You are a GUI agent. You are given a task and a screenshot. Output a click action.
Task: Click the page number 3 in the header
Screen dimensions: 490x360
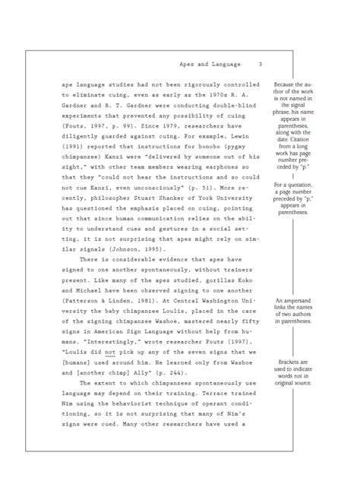[x=260, y=64]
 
